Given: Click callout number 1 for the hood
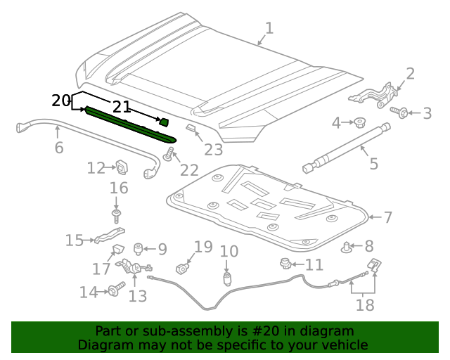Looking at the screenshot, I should [269, 28].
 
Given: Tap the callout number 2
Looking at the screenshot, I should [410, 74].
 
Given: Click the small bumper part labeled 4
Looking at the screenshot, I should [359, 123].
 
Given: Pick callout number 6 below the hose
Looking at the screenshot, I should [59, 148].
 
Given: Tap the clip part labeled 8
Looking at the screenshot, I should [347, 246].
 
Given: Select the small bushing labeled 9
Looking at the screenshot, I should [139, 247].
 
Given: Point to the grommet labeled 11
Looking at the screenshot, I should [285, 264].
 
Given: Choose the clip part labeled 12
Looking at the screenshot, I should [122, 167].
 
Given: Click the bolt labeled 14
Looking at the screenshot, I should [114, 290].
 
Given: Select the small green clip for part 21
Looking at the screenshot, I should [164, 122].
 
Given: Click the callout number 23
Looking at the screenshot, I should [213, 148].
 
